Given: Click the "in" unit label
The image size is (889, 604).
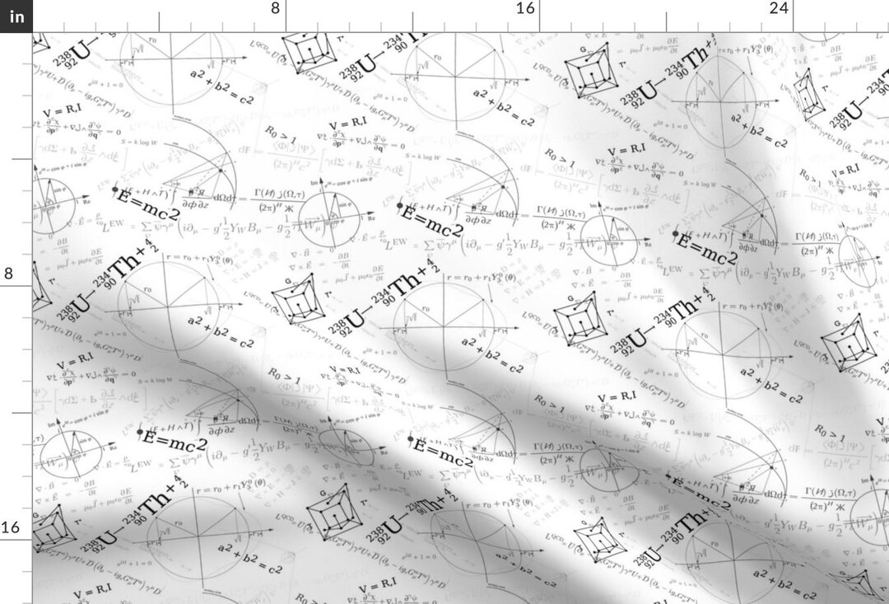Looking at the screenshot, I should [16, 16].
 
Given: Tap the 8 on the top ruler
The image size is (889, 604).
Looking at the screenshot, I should [275, 8].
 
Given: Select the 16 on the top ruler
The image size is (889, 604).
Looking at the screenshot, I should [525, 8].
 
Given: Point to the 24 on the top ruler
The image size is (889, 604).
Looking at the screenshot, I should [779, 8].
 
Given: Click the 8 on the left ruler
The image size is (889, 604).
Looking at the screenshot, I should [8, 274].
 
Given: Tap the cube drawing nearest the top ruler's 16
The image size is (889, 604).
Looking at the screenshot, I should [588, 71].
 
